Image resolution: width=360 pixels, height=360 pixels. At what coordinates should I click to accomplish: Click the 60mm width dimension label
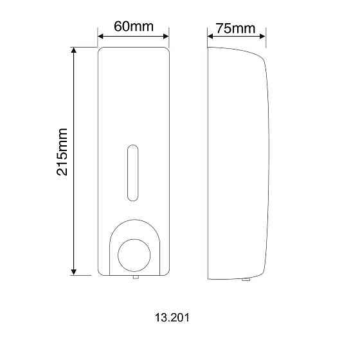pos(132,27)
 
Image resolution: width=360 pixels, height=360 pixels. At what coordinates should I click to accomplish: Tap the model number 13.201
pos(172,318)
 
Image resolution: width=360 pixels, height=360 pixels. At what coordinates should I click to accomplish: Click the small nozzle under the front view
pos(134,278)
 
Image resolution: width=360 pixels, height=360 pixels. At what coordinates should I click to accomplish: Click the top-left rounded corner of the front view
pos(102,51)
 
